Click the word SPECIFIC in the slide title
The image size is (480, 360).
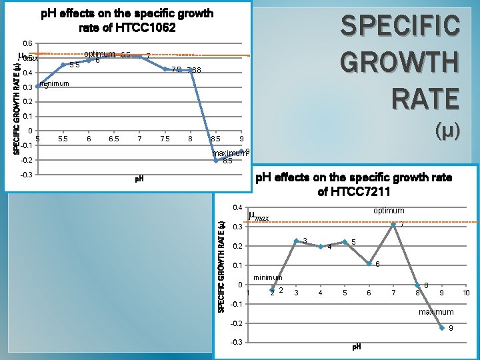pos(399,27)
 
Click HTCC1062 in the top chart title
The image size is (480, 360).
pos(145,27)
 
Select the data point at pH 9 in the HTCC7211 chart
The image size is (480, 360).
pos(442,328)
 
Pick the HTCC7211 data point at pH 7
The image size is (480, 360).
pos(393,224)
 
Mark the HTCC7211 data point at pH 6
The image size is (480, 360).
pos(369,263)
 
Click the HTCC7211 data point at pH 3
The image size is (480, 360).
pos(296,241)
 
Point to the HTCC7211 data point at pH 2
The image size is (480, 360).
pos(272,290)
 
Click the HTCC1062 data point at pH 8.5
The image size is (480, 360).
pos(216,160)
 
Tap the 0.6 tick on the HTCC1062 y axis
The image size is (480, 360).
pos(27,43)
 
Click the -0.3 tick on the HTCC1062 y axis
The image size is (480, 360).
pos(26,175)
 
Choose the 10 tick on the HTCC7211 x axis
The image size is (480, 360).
pos(466,293)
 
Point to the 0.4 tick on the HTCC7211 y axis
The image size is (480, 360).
pos(237,208)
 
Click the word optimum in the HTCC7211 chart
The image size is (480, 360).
pos(389,211)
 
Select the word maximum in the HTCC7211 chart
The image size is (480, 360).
pos(435,312)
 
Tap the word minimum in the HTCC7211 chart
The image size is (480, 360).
pos(268,277)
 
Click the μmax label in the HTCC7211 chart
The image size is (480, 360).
pos(259,216)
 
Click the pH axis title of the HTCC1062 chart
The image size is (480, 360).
pos(139,179)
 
